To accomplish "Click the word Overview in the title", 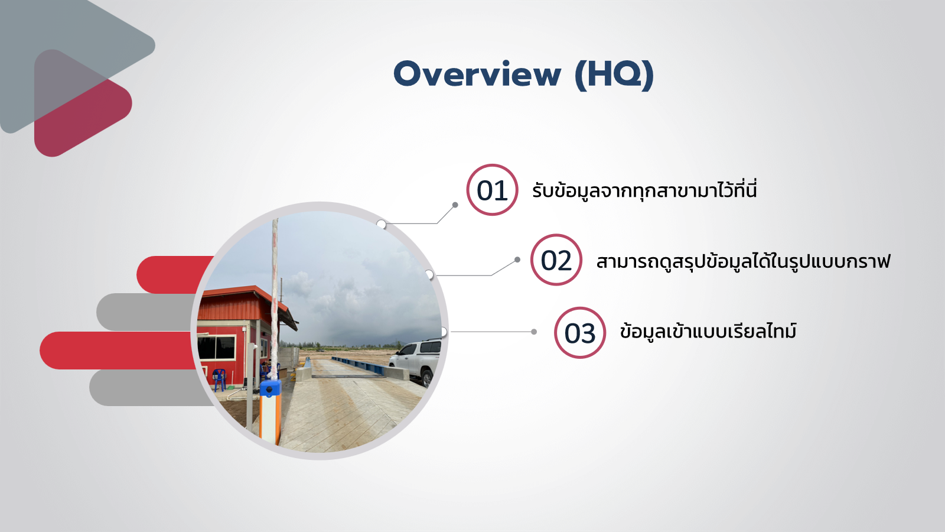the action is pyautogui.click(x=478, y=74).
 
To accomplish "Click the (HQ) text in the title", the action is pyautogui.click(x=615, y=75).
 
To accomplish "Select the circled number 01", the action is pyautogui.click(x=492, y=190).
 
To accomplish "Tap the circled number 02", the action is pyautogui.click(x=556, y=259).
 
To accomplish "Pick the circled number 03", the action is pyautogui.click(x=579, y=333).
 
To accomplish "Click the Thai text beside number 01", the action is pyautogui.click(x=644, y=190).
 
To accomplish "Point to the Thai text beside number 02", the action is pyautogui.click(x=743, y=261).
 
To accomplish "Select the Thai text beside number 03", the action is pyautogui.click(x=708, y=330).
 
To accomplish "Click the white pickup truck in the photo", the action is pyautogui.click(x=416, y=361).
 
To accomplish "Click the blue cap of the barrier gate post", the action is pyautogui.click(x=271, y=388).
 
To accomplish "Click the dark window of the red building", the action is pyautogui.click(x=216, y=348).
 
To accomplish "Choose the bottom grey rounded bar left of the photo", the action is pyautogui.click(x=151, y=388).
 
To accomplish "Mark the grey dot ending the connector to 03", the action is pyautogui.click(x=534, y=332).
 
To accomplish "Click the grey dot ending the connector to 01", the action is pyautogui.click(x=455, y=205).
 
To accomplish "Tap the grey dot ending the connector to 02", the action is pyautogui.click(x=517, y=259).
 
